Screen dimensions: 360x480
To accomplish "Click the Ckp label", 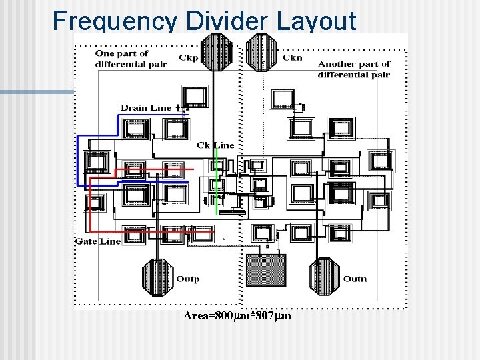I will click(188, 57).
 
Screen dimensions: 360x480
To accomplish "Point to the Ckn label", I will click(292, 57).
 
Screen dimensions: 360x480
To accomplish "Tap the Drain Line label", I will click(146, 107).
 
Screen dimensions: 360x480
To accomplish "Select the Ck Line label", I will click(215, 145).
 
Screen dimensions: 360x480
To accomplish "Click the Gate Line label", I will click(98, 241).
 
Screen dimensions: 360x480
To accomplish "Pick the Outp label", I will click(187, 279).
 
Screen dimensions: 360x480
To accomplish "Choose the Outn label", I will click(354, 279).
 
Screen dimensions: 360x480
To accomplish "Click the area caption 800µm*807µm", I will click(237, 316).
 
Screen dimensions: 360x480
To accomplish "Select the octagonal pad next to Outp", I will click(158, 276).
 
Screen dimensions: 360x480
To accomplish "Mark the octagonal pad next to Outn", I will click(324, 276).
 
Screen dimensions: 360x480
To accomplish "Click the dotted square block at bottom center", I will click(266, 271).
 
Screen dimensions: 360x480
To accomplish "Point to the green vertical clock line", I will click(218, 180).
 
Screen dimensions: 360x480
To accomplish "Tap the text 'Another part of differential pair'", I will click(354, 69).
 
